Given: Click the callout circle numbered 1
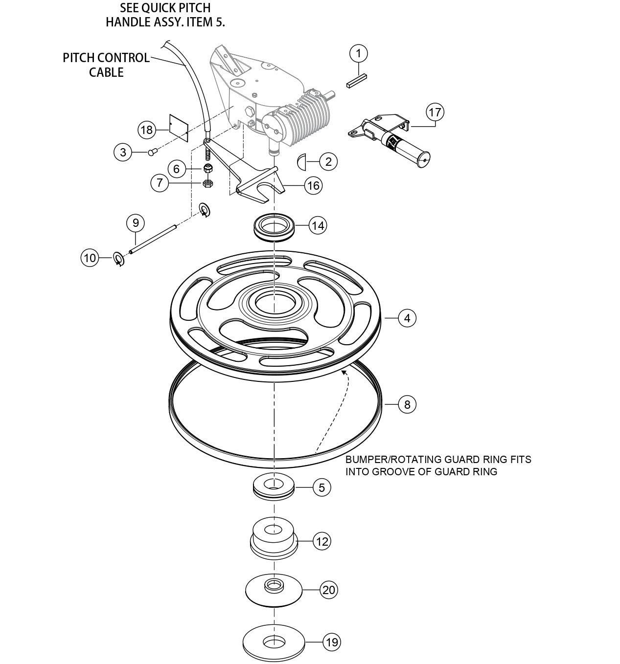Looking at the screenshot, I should click(x=359, y=53).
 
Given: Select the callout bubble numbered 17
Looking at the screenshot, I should click(x=435, y=112).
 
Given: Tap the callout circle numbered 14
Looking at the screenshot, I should click(x=318, y=226).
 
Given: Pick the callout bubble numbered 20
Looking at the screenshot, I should click(x=329, y=590).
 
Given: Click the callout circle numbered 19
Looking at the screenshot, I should click(x=332, y=642).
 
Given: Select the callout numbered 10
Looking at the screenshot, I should click(x=90, y=258).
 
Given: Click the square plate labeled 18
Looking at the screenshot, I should click(x=179, y=128).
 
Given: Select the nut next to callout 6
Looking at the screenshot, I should click(x=207, y=169).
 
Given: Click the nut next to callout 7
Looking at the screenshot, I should click(x=207, y=183).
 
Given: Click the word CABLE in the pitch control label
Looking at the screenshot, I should click(x=106, y=72).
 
